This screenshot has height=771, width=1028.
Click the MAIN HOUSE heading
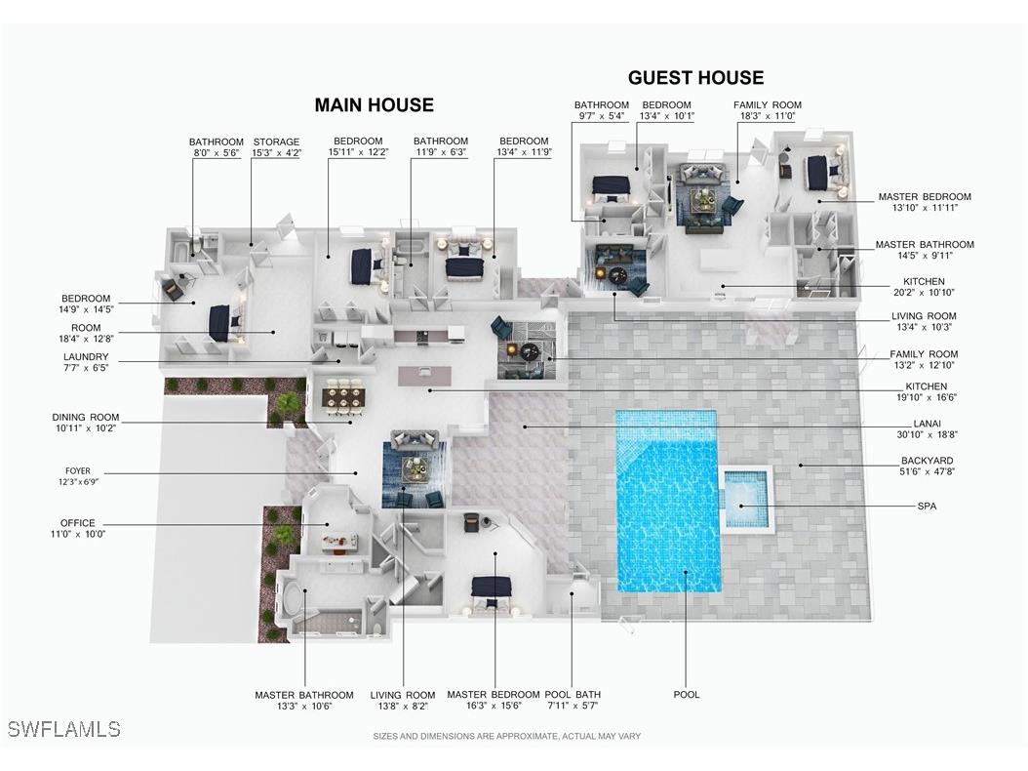[374, 105]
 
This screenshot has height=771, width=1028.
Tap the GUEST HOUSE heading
[695, 77]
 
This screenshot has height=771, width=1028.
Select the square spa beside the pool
[747, 499]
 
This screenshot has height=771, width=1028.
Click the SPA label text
[927, 506]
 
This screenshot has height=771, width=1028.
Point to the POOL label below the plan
[687, 694]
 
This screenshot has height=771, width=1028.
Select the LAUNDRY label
[86, 357]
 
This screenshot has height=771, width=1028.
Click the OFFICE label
[77, 523]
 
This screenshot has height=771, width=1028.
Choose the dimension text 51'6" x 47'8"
[927, 471]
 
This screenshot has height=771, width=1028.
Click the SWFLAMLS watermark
[63, 729]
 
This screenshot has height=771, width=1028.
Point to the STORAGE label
[276, 142]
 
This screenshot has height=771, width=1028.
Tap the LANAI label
[927, 424]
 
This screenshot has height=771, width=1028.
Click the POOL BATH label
[573, 694]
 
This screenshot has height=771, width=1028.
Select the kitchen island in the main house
[425, 376]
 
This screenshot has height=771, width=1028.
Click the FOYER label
[78, 471]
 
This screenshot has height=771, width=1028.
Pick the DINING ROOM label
[86, 418]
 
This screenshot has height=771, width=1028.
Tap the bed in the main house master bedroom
[491, 592]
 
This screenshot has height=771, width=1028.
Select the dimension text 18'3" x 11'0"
[767, 116]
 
